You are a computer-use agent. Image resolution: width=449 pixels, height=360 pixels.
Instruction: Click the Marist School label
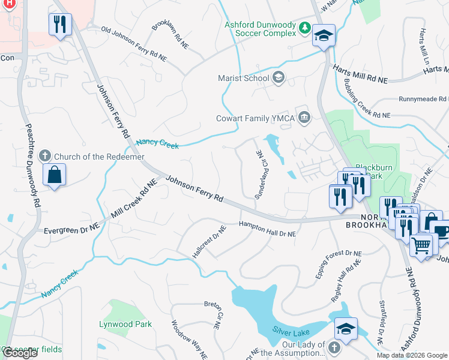point(246,77)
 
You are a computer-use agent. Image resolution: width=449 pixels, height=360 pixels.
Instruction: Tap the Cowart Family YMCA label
point(256,118)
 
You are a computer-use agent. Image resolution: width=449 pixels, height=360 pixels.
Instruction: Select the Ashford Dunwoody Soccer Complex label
point(260,29)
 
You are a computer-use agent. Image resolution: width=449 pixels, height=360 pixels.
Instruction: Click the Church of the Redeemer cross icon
point(44,157)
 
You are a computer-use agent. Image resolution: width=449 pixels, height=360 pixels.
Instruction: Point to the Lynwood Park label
point(125,324)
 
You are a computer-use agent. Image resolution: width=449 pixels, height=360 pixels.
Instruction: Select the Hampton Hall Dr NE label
point(268,229)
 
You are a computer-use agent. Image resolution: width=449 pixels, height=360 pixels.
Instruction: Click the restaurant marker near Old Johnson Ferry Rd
point(60,25)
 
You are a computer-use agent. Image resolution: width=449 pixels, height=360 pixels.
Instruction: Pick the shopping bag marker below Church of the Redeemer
point(54,175)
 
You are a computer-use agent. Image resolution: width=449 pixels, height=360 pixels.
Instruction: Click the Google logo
point(20,353)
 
